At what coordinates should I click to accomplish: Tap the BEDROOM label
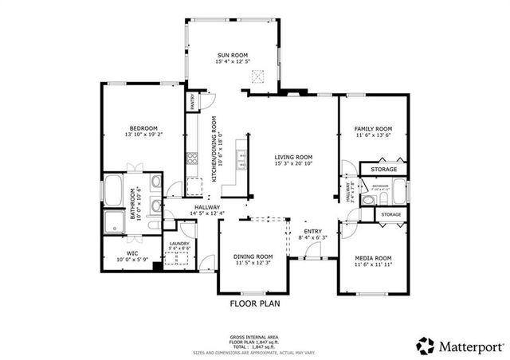point(144,128)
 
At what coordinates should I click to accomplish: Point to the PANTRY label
point(192,103)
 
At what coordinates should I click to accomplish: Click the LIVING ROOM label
point(293,157)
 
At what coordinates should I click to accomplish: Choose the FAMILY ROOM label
point(374,128)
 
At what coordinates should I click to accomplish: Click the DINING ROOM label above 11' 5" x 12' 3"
point(253,256)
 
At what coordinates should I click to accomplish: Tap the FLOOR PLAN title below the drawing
point(254,303)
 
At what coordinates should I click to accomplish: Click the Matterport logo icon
point(426,346)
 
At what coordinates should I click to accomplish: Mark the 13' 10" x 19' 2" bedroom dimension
point(144,135)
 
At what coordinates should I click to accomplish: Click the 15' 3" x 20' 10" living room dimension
point(293,164)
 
